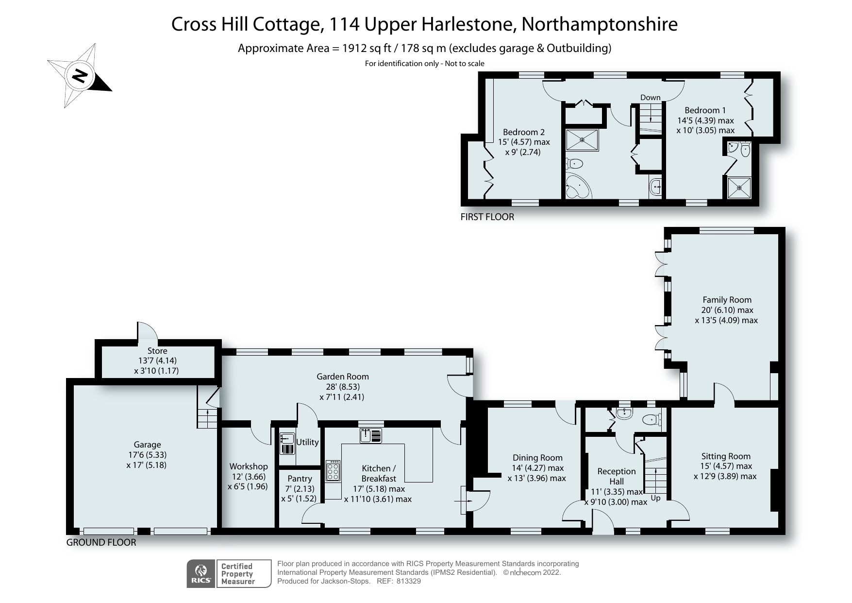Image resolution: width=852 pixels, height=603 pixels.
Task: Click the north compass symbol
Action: [80, 76]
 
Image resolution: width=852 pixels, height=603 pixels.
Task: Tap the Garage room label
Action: [147, 445]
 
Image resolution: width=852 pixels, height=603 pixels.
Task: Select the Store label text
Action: [157, 351]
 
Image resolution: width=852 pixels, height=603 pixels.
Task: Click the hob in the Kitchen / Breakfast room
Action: [333, 471]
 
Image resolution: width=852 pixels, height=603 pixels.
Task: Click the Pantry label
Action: [300, 479]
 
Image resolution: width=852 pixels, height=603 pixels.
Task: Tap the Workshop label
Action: [248, 466]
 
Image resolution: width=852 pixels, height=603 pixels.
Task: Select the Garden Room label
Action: [342, 377]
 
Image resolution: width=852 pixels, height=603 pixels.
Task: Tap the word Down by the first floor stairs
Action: [650, 97]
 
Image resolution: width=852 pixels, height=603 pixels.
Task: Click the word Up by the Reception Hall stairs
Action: [655, 498]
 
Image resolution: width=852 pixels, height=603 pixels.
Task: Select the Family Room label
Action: [727, 300]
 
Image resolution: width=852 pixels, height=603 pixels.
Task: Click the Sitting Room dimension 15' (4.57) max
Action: [726, 466]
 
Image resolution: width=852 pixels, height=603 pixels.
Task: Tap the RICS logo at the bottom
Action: [201, 574]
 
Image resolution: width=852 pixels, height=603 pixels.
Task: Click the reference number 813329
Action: [408, 581]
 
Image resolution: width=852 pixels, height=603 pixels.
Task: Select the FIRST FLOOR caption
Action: [487, 217]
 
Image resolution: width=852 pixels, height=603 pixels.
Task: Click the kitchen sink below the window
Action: [371, 435]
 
